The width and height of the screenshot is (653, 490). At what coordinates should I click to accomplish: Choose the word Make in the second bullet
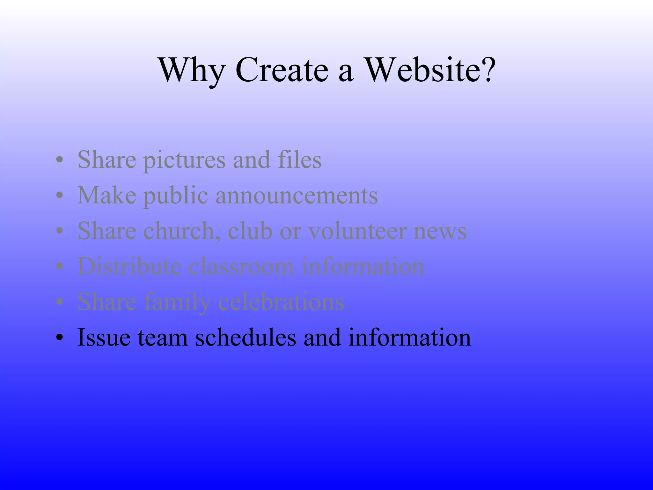[x=106, y=195]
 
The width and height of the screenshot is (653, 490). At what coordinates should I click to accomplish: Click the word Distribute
[x=129, y=267]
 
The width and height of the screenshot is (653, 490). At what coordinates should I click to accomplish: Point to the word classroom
[x=241, y=267]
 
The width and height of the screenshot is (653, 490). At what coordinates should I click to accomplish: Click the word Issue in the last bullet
[x=104, y=338]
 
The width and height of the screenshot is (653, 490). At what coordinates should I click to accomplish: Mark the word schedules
[x=246, y=338]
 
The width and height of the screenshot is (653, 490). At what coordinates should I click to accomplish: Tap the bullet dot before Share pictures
[x=59, y=160]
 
